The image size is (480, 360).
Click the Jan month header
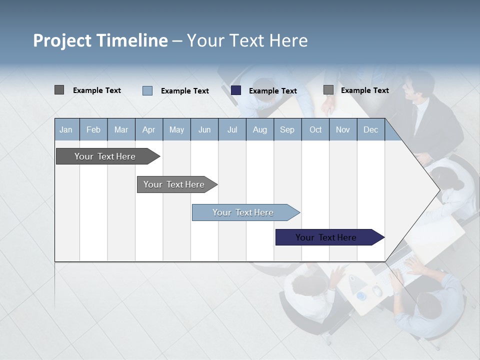click(66, 130)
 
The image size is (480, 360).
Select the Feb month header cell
click(93, 130)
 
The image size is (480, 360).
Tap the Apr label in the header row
click(149, 130)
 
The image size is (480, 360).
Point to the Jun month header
click(204, 130)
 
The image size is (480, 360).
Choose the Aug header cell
click(260, 130)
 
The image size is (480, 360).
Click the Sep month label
click(287, 130)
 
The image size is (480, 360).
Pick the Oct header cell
click(315, 130)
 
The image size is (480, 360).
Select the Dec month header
click(371, 130)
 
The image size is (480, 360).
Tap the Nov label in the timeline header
click(343, 130)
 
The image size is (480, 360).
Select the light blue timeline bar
click(243, 212)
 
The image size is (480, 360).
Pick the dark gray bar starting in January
click(105, 156)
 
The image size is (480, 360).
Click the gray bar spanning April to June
click(174, 184)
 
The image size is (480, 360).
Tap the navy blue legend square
click(236, 90)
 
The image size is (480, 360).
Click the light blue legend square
click(147, 90)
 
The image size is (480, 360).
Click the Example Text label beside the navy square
click(273, 91)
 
